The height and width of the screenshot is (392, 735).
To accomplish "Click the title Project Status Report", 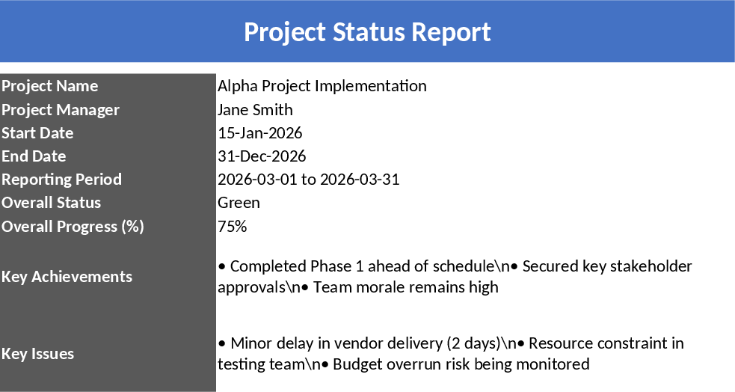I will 367,32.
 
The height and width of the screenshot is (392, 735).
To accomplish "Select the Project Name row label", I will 49,86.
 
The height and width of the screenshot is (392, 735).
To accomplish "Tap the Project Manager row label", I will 60,110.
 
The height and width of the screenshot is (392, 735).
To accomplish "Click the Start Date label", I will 37,133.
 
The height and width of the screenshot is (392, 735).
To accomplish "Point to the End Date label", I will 34,156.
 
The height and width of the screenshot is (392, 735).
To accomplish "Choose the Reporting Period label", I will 61,180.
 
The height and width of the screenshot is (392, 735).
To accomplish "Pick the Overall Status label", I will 51,203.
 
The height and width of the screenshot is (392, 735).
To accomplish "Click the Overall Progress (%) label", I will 73,226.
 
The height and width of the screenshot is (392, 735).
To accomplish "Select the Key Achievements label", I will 67,276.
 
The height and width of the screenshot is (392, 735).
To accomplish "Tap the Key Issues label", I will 37,354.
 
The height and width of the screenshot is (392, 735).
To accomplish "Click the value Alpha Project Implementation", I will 322,86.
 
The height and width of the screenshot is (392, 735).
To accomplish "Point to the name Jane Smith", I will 255,110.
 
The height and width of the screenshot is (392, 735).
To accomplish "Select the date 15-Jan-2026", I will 259,133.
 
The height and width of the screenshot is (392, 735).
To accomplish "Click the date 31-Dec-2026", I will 262,156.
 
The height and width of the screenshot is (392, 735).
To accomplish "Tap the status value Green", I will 239,203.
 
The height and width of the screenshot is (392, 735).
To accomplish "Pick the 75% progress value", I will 232,226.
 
